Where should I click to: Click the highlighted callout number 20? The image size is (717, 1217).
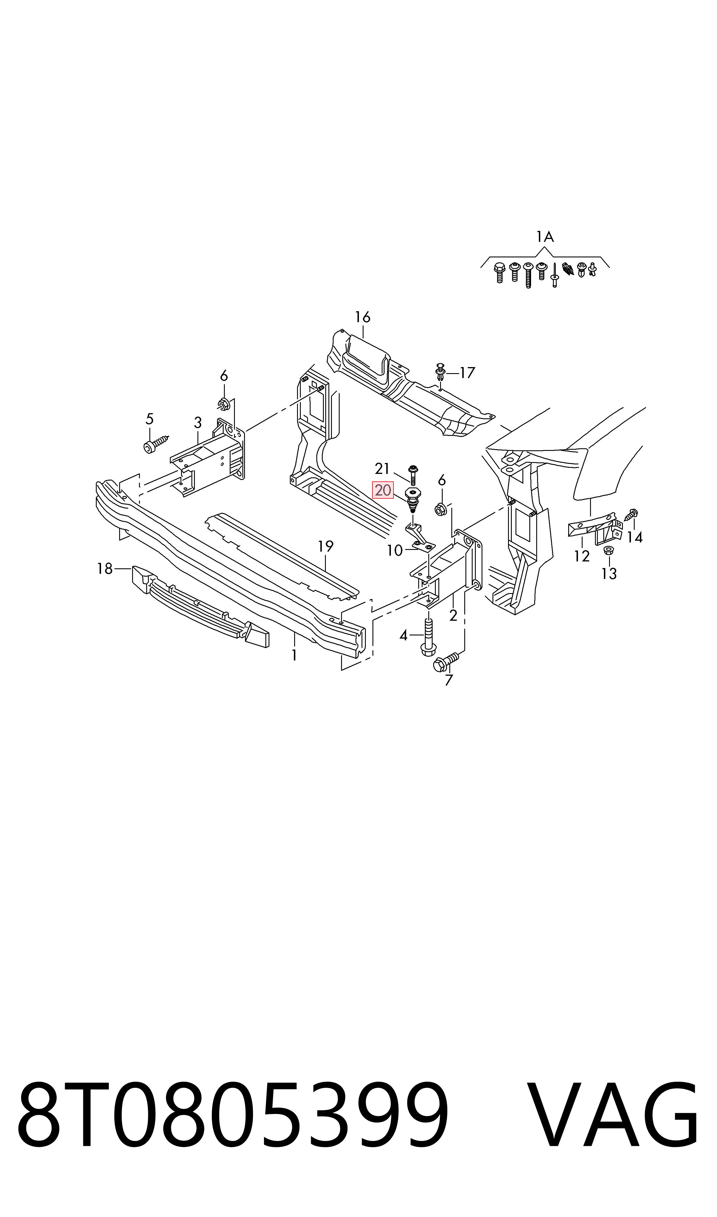383,490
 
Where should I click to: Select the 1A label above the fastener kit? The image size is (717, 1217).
545,237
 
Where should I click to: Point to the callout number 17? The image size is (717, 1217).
468,373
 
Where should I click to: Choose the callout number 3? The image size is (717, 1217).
198,423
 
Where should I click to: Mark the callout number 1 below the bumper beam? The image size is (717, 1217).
294,656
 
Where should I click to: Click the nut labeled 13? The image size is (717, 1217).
609,550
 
